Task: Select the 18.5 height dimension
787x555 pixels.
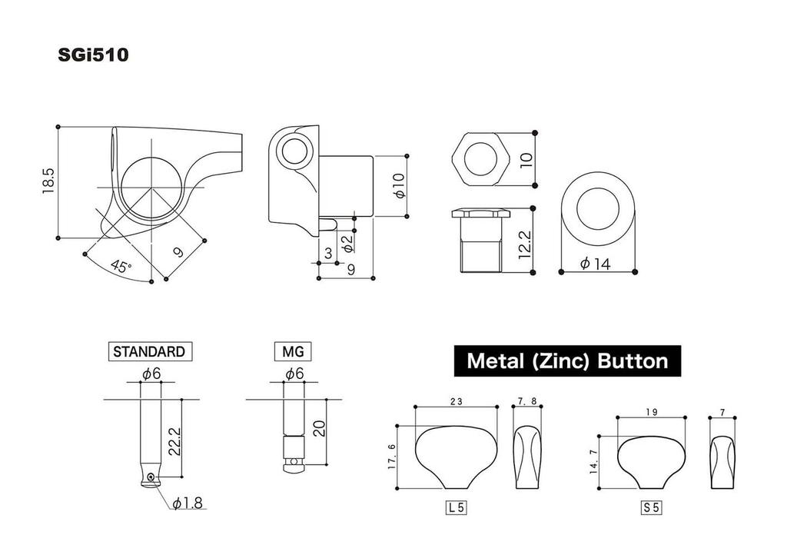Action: tap(48, 181)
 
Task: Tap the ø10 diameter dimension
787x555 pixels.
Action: tap(398, 186)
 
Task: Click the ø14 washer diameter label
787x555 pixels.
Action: tap(596, 264)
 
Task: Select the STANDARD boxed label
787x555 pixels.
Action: tap(149, 351)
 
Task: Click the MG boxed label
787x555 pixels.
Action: tap(293, 351)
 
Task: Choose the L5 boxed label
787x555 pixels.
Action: tap(457, 507)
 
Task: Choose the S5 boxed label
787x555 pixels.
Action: tap(651, 507)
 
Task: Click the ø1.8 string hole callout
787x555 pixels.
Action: tap(187, 503)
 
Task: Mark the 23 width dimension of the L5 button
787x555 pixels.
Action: tap(457, 400)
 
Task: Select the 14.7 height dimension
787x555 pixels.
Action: tap(593, 463)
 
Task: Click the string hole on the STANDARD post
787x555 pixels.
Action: tap(152, 477)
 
